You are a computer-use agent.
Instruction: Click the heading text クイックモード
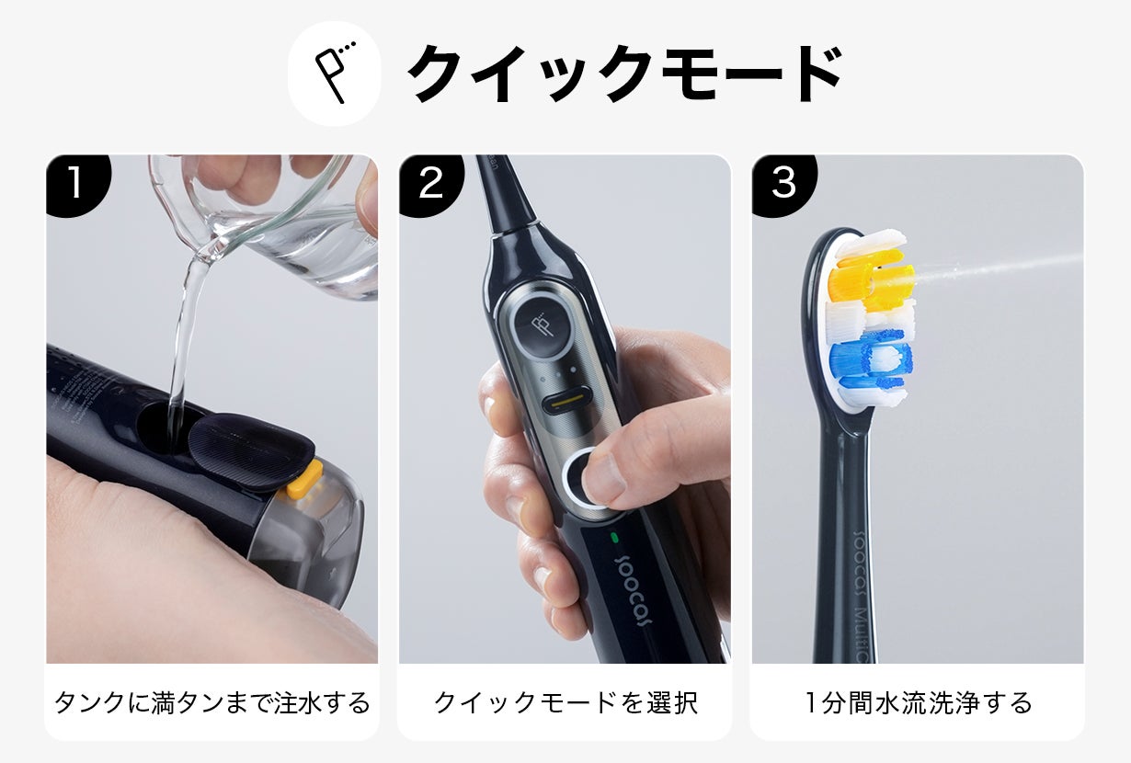(624, 74)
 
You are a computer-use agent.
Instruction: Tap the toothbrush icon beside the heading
(335, 73)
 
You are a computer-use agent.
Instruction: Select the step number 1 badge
(75, 183)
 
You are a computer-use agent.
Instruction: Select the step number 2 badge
(429, 183)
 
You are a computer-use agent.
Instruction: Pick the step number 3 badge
(783, 183)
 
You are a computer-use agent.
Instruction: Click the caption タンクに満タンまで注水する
(211, 703)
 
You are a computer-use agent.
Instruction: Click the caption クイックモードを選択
(565, 703)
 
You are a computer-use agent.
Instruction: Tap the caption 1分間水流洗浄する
(918, 703)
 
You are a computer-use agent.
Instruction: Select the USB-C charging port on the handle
(567, 404)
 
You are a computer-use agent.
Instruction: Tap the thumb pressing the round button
(634, 460)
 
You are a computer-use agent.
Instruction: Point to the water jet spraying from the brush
(1002, 264)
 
